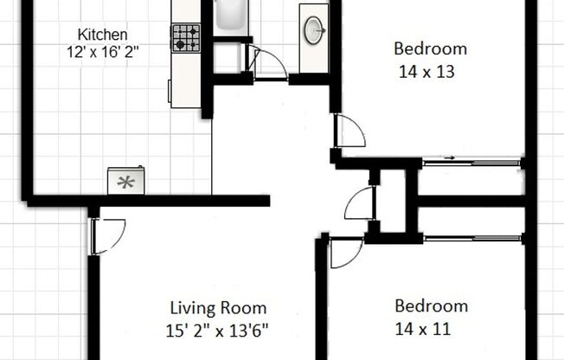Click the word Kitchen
pos(103,35)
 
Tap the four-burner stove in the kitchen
pos(185,37)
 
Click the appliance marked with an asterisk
pos(126,182)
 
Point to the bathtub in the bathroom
pos(230,15)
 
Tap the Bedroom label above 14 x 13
pos(430,48)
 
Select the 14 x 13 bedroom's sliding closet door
pos(471,162)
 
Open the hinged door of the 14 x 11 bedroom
pos(345,252)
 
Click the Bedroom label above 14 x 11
pos(431,305)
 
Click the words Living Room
pos(217,308)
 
